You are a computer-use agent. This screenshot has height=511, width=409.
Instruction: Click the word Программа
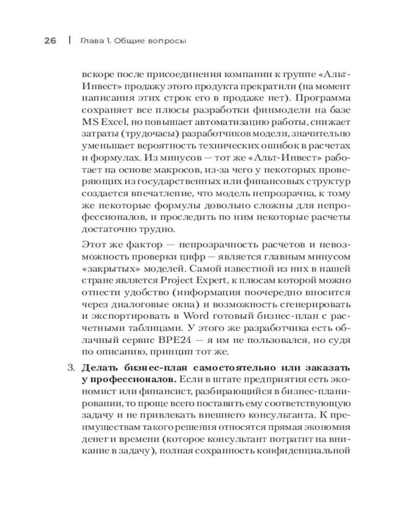(322, 97)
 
